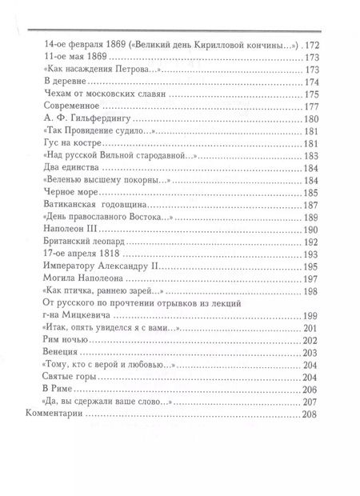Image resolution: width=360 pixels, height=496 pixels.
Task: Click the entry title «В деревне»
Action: (63, 82)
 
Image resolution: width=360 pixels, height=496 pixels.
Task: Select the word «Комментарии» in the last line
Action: (52, 417)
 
